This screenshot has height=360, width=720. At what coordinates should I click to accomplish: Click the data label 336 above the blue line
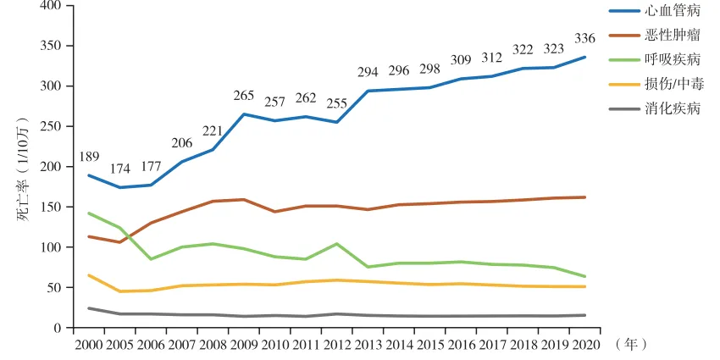tap(584, 38)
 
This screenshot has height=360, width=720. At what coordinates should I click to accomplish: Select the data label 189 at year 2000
tap(89, 157)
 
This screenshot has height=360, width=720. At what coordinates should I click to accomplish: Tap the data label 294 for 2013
tap(368, 73)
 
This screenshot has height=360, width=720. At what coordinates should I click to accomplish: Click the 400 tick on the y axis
tap(51, 6)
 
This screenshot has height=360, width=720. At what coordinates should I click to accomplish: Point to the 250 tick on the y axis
tap(51, 126)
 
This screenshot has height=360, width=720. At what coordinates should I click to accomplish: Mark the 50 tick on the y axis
tap(54, 288)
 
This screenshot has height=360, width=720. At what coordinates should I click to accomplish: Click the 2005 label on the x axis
tap(119, 345)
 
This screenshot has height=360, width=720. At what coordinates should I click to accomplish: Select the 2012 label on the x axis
tap(336, 345)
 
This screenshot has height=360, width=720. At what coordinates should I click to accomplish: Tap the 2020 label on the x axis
tap(584, 345)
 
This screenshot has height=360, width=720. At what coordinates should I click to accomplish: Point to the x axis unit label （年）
tap(630, 345)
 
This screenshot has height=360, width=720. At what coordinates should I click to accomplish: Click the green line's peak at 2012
tap(336, 244)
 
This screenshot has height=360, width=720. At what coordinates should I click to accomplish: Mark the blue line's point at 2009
tap(244, 114)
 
